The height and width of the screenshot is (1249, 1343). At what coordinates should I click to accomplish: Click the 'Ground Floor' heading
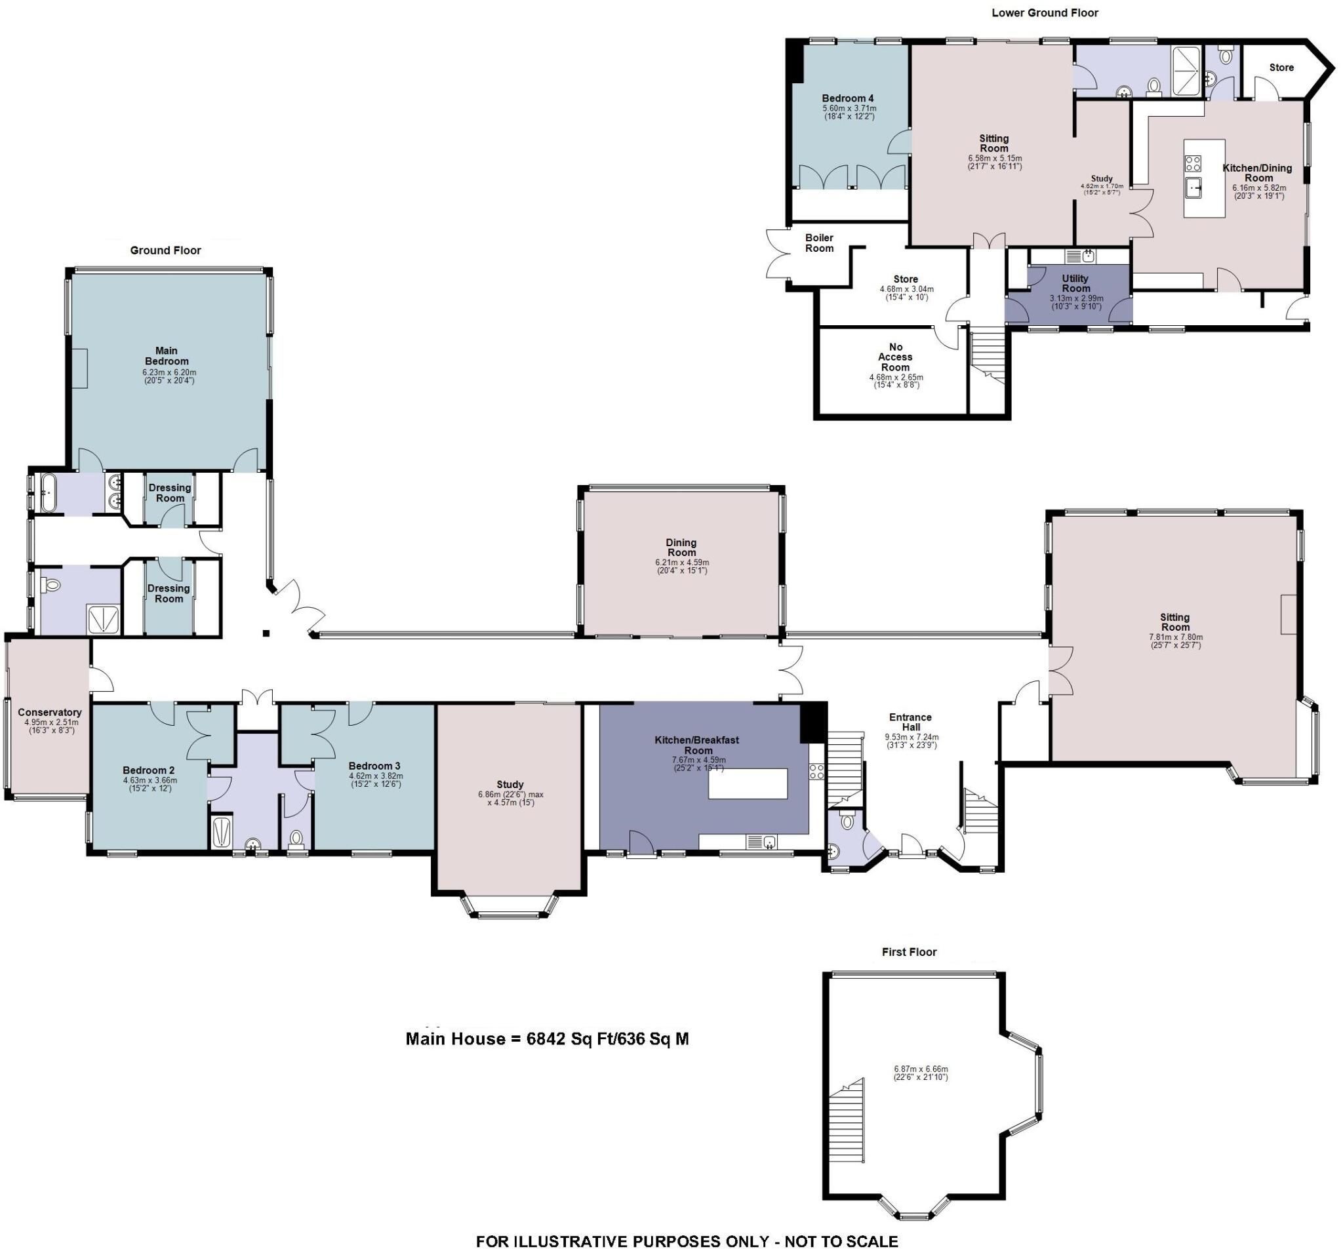[x=165, y=250]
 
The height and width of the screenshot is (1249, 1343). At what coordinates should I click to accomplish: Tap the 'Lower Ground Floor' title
[x=1045, y=13]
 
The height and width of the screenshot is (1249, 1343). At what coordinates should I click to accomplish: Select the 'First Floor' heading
[x=910, y=952]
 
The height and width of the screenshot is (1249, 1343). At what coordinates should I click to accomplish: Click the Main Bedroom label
[x=166, y=355]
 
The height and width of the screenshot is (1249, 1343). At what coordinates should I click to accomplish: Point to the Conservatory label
[x=50, y=712]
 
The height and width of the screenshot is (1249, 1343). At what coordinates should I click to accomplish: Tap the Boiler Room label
[x=820, y=243]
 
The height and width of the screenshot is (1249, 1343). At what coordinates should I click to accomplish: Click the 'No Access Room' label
[x=895, y=357]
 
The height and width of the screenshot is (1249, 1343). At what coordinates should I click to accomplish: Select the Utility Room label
[x=1075, y=283]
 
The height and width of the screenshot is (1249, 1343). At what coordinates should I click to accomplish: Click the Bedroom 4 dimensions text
[x=849, y=112]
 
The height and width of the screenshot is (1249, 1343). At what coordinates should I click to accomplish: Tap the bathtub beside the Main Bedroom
[x=49, y=493]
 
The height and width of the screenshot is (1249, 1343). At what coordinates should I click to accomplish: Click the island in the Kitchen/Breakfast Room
[x=748, y=783]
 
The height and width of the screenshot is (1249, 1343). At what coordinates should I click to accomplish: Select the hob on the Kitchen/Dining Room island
[x=1192, y=163]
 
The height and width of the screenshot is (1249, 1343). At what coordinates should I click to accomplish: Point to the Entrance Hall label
[x=910, y=722]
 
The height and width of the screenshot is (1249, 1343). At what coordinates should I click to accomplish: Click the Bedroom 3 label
[x=374, y=766]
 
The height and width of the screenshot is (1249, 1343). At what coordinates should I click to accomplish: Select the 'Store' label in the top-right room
[x=1281, y=68]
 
